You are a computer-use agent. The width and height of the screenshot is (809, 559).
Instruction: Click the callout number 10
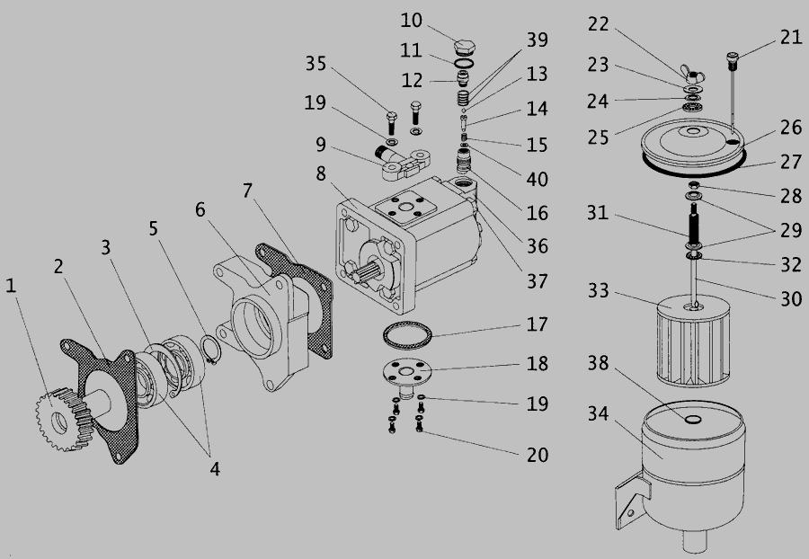[411, 20]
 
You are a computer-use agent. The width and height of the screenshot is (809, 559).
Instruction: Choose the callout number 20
[538, 455]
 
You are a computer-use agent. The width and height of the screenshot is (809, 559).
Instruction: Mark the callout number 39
[538, 41]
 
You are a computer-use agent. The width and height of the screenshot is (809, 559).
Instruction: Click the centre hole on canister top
[693, 419]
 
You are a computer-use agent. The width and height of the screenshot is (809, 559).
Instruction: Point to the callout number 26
[791, 128]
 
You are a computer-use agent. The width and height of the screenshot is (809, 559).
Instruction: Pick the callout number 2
[58, 267]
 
